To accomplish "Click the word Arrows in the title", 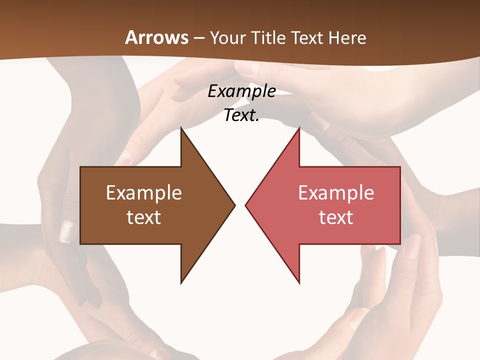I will [156, 37].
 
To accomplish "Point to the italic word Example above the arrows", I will [242, 91].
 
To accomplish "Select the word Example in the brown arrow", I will [144, 193].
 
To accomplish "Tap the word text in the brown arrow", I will [144, 217].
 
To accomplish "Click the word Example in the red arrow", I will [336, 193].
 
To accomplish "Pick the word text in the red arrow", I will [336, 217].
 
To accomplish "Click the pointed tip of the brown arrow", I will [234, 205].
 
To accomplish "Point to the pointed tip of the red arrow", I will [246, 205].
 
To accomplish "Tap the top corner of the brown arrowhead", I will [181, 128].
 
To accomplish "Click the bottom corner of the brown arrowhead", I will [181, 282].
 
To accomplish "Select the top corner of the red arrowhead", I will [299, 128].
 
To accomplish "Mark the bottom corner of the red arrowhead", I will [299, 282].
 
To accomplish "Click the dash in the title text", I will [198, 38].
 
